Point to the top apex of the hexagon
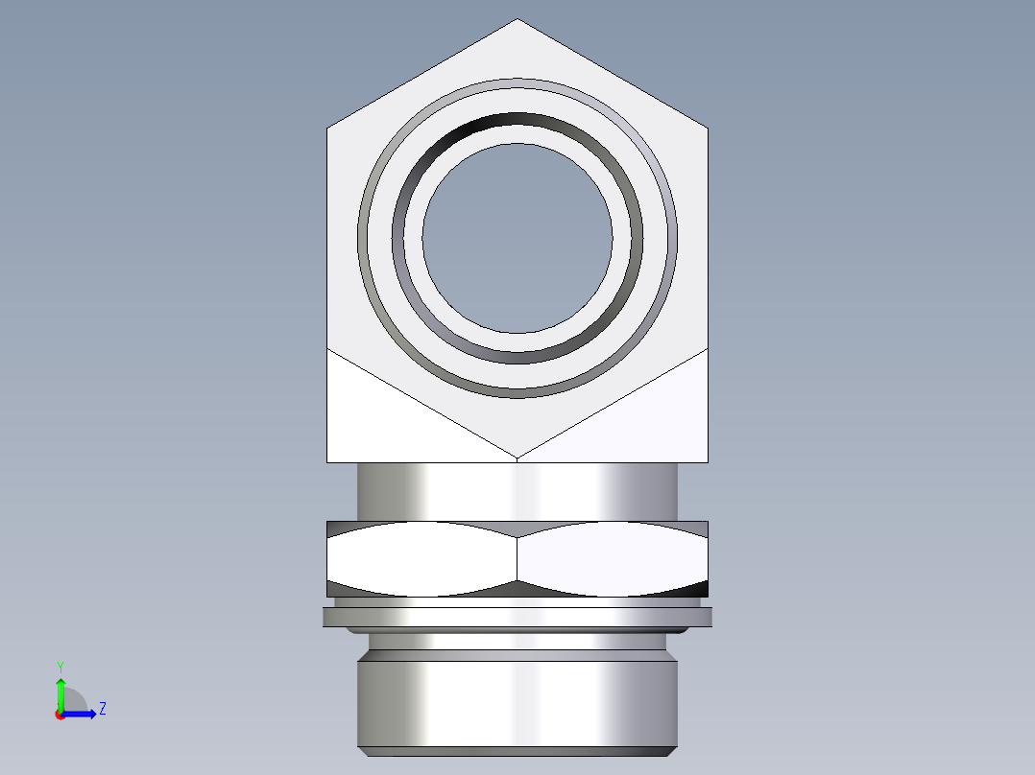[517, 20]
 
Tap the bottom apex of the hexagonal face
[517, 457]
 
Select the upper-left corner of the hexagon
[328, 129]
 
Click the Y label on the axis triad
[60, 666]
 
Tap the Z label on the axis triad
[102, 709]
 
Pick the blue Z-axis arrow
[83, 714]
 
